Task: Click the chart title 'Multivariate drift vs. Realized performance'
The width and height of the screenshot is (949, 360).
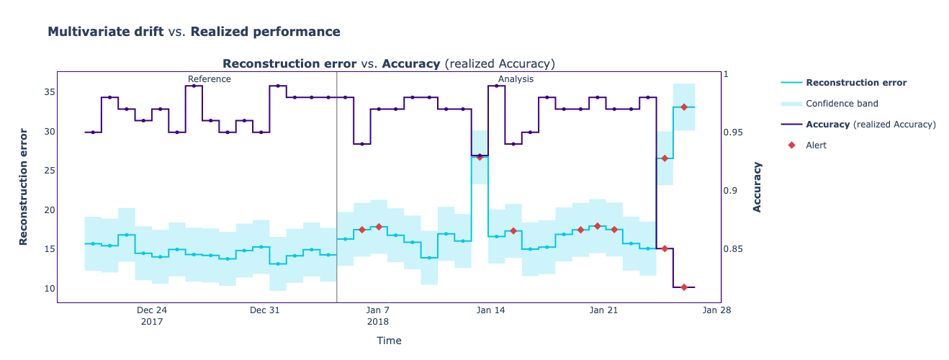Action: coord(194,32)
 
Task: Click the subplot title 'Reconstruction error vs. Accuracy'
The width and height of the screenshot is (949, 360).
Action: coord(389,63)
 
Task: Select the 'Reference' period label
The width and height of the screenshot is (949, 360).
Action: coord(209,79)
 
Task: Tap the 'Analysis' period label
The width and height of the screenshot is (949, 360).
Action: coord(516,79)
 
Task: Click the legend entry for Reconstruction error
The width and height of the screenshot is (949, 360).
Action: coord(855,83)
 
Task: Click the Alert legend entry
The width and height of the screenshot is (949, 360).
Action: coord(816,145)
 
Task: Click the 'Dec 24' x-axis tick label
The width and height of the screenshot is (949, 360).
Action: coord(152,310)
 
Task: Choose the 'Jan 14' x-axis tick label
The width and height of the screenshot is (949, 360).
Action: coord(491,310)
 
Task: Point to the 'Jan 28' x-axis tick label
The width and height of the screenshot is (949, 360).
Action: coord(716,310)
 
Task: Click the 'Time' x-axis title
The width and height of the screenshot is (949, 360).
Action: coord(389,341)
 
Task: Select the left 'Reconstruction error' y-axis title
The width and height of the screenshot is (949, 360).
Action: coord(24,186)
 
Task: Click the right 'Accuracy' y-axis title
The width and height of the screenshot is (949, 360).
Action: coord(757,186)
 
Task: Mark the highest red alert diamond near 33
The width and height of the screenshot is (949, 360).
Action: coord(684,107)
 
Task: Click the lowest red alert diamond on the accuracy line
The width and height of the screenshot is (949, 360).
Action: coord(684,287)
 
